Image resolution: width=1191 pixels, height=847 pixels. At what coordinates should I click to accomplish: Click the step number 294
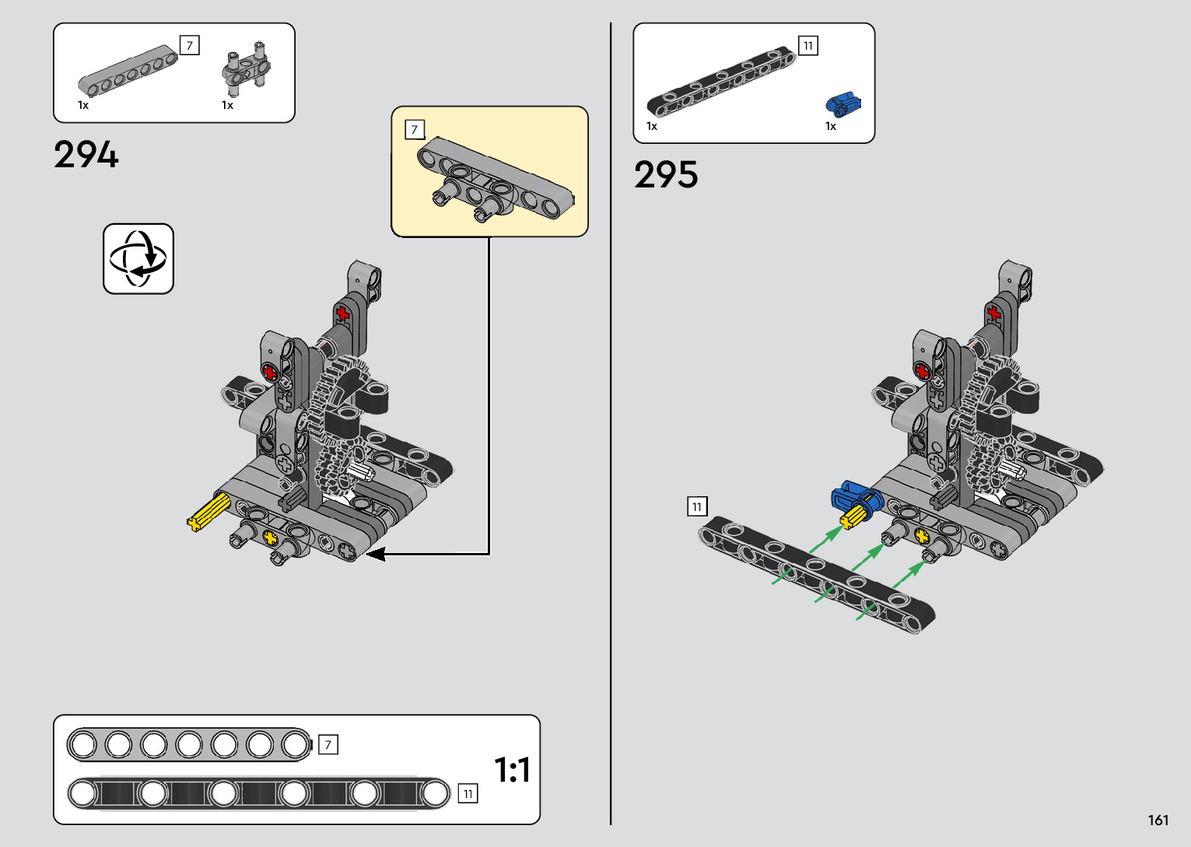(86, 155)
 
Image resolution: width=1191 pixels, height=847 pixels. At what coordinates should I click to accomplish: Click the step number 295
(666, 175)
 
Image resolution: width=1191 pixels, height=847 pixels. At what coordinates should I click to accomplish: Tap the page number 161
(1158, 820)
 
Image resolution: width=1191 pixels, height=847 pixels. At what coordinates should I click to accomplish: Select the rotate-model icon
(138, 259)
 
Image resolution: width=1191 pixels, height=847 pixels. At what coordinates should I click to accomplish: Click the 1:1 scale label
(513, 770)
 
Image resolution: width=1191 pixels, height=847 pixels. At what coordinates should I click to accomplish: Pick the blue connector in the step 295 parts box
(842, 104)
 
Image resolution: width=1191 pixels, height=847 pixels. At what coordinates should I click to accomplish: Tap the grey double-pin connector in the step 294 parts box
(247, 68)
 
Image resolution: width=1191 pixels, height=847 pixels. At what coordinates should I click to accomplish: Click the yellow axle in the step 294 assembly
(209, 512)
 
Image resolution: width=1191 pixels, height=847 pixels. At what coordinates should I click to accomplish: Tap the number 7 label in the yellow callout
(415, 129)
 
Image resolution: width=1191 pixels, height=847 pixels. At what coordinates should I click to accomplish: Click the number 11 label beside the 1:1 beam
(468, 793)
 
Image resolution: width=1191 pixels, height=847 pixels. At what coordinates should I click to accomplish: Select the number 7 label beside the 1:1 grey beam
(328, 744)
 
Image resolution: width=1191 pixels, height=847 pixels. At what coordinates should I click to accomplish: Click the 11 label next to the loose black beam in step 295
(697, 506)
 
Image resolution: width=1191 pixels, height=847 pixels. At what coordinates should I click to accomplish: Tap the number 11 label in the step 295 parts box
(808, 46)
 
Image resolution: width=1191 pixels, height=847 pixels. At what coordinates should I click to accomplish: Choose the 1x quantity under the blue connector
(831, 126)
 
